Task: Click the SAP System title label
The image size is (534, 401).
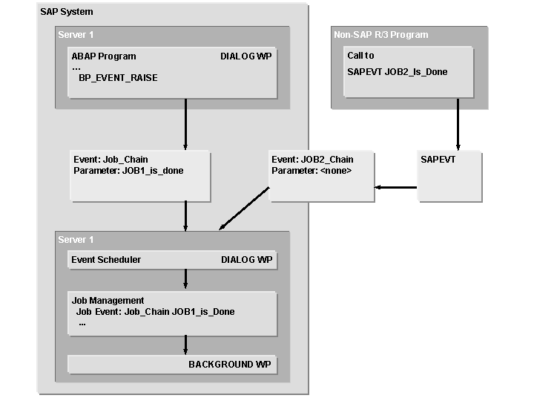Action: tap(67, 12)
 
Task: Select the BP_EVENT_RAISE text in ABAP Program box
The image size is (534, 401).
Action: tap(118, 78)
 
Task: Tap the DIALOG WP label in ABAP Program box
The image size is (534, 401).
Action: tap(246, 56)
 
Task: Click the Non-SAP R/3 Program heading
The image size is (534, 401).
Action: tap(381, 35)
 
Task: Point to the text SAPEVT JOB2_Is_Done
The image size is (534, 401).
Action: tap(398, 72)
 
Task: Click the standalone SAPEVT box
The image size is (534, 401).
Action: tap(449, 176)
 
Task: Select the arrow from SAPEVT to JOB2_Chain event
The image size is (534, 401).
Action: tap(395, 187)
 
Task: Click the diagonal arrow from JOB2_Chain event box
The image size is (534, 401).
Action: tap(244, 209)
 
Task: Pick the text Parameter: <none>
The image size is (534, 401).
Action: tap(311, 171)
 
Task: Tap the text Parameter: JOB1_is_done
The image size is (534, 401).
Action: tap(128, 171)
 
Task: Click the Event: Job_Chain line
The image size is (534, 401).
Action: tap(111, 160)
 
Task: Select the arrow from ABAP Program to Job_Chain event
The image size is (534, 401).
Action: tap(185, 125)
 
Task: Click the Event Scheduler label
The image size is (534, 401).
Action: tap(106, 260)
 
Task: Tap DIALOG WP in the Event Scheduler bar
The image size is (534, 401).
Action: tap(246, 260)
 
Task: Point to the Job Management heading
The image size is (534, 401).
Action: tap(108, 301)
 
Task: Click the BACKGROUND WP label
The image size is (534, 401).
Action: tap(230, 365)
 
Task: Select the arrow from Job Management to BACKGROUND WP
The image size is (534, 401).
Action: tap(185, 345)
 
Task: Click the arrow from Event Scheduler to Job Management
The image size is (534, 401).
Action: tap(185, 279)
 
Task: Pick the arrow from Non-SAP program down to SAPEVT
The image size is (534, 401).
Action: tap(458, 125)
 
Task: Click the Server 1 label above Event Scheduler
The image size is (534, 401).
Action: tap(76, 240)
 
